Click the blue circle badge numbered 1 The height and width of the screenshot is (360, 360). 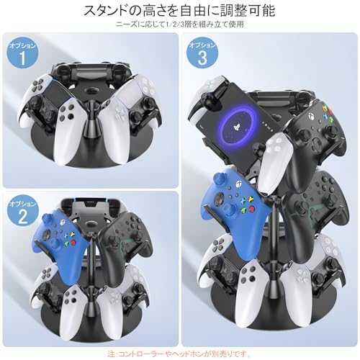point(22,54)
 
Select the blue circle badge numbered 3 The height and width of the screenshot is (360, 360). point(202,53)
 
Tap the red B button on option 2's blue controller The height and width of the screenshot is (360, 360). point(73,242)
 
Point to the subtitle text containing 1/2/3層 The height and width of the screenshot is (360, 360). point(180,24)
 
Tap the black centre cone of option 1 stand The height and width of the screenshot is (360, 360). point(91,124)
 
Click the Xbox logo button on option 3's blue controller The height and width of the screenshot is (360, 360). point(239,184)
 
